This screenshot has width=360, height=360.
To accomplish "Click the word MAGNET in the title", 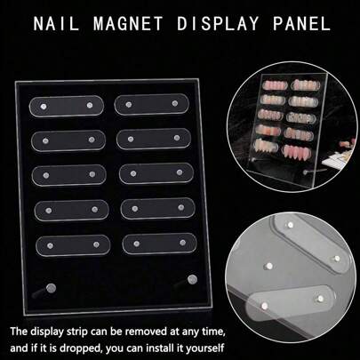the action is (128, 23).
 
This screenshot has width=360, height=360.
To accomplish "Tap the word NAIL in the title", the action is (56, 23).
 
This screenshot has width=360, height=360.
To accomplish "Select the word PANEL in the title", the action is (301, 23).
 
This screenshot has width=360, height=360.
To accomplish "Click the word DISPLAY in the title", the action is (218, 23).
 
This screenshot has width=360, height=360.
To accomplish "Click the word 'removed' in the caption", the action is (141, 332).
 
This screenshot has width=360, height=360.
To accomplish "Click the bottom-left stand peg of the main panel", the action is (51, 288).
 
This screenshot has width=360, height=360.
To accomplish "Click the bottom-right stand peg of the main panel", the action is (192, 279).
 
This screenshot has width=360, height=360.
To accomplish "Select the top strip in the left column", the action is (67, 106).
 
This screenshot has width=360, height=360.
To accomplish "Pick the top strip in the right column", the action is (151, 104).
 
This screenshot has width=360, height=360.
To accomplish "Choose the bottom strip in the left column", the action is (73, 245).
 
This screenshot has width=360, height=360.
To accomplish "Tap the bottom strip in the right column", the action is (159, 244).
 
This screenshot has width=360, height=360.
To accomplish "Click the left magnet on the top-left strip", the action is (44, 107).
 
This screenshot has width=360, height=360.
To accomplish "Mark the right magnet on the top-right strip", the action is (175, 103).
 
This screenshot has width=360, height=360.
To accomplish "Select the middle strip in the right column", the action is (156, 173).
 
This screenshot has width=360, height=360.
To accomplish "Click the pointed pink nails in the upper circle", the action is (298, 152).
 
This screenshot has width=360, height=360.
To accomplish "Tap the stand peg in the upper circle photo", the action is (306, 172).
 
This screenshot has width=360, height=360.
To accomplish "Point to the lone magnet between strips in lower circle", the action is (269, 266).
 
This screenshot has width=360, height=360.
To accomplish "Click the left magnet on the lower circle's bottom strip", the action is (265, 305).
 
